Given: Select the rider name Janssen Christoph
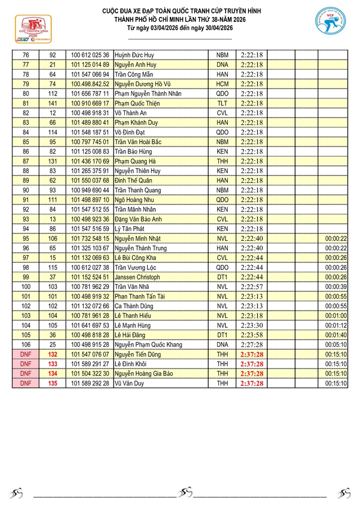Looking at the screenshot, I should (137, 277).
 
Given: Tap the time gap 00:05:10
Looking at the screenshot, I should (336, 344).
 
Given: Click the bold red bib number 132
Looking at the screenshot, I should (53, 354).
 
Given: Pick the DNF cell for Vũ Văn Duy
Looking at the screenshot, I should (26, 383).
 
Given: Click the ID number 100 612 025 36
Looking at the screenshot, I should (90, 55).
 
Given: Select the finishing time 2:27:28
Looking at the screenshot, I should (251, 344).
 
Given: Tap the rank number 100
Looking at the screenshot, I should (26, 287).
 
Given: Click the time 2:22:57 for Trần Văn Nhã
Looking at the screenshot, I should (251, 287).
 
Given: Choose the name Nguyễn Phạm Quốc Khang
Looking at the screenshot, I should (148, 344).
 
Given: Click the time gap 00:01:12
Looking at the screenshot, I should (336, 325).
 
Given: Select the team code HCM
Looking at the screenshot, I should (222, 84).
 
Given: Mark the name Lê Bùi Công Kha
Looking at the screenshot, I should (137, 258).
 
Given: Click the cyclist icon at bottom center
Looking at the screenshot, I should (185, 493).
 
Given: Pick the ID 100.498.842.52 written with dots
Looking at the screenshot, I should (90, 84).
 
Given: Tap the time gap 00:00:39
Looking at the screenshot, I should (336, 287).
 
